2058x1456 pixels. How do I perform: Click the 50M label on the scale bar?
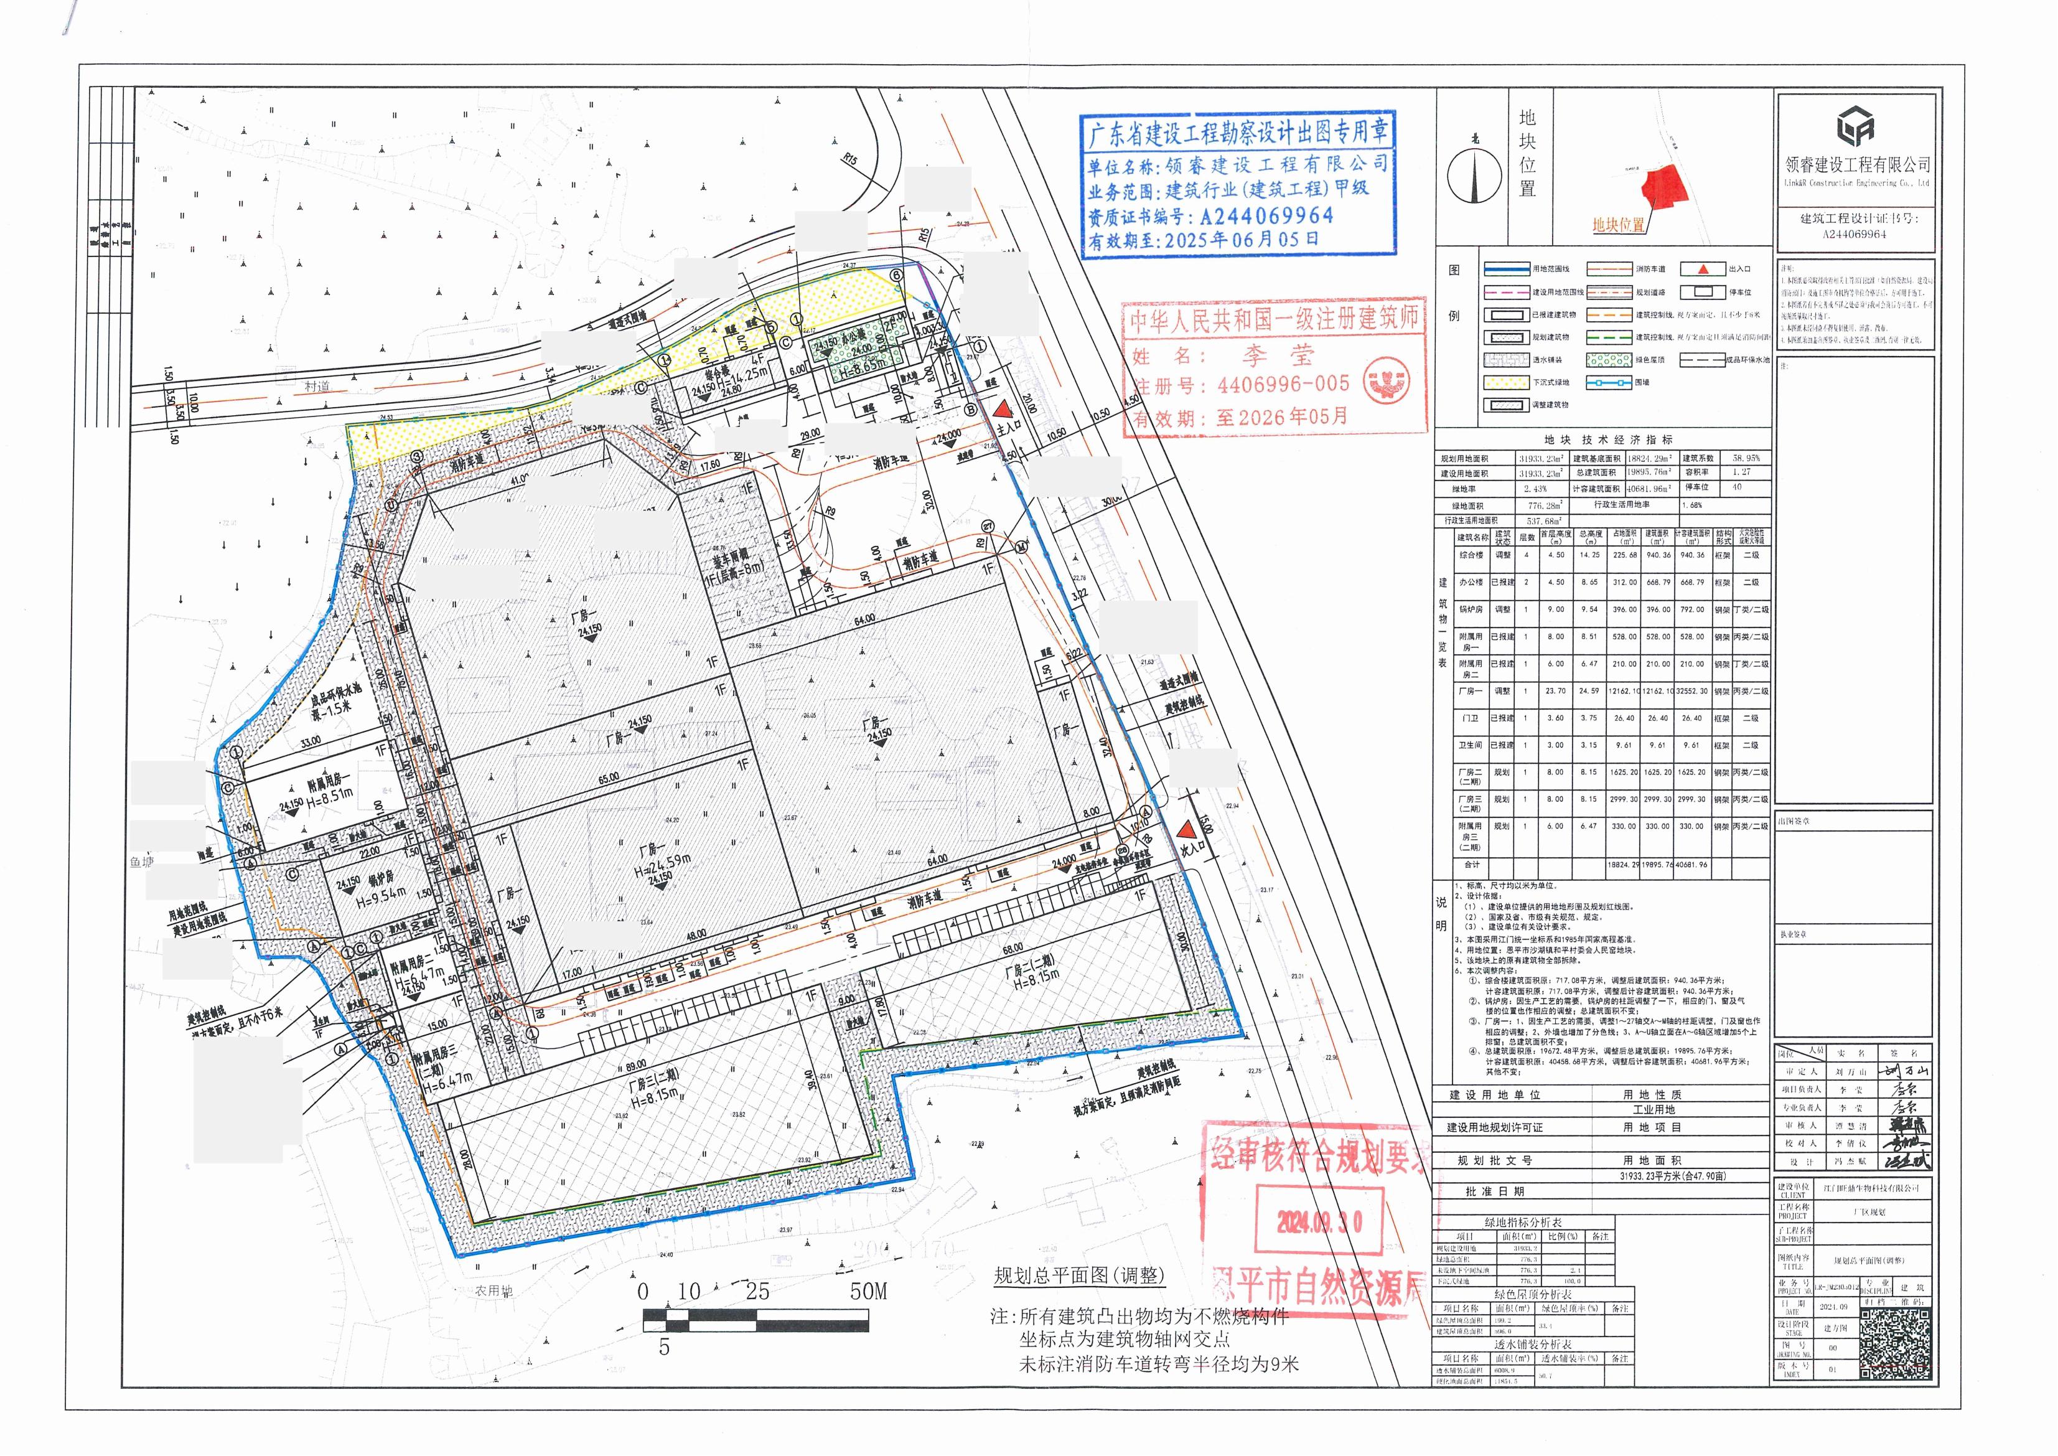(868, 1291)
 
